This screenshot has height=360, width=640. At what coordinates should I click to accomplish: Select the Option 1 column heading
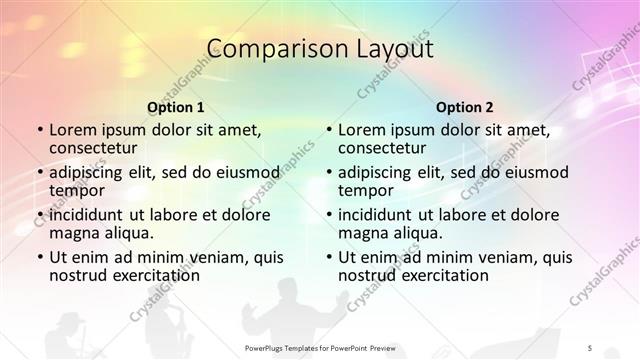pyautogui.click(x=176, y=106)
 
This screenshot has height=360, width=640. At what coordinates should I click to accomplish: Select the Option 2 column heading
pyautogui.click(x=465, y=106)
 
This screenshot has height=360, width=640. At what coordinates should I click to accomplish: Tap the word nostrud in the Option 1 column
pyautogui.click(x=78, y=275)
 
